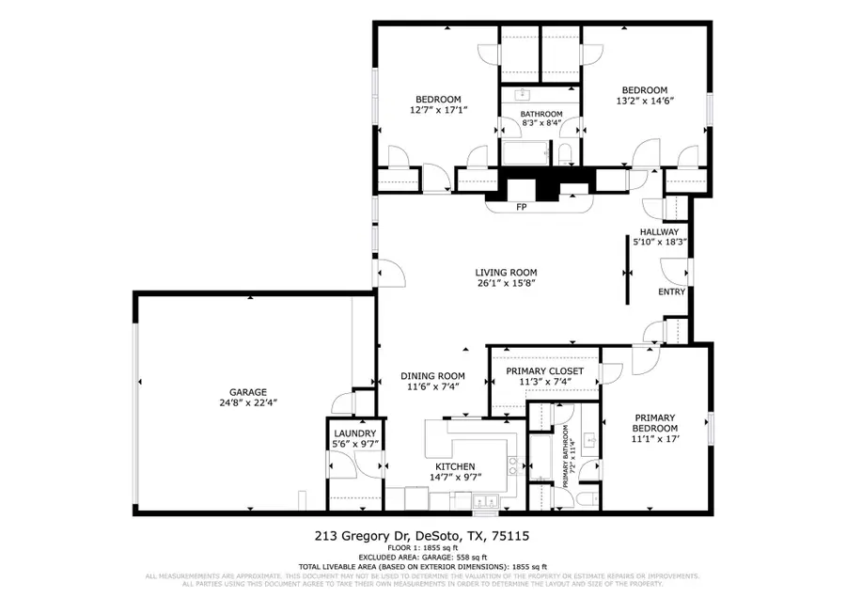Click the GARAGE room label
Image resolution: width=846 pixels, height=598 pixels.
click(x=249, y=392)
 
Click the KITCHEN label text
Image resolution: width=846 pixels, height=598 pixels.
click(x=454, y=466)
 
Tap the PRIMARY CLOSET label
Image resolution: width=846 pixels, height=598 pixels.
click(x=544, y=371)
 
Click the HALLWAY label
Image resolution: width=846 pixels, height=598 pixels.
click(x=659, y=231)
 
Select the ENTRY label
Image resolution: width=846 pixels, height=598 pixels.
click(x=671, y=291)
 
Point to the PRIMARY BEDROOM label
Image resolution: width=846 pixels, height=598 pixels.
click(x=655, y=423)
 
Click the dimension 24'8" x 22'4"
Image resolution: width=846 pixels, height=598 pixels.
click(x=249, y=403)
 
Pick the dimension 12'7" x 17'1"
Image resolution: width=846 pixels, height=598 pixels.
click(x=438, y=110)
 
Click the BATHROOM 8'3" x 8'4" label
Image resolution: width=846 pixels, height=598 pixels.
click(x=541, y=118)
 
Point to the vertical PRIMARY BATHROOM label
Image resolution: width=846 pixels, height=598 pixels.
click(x=568, y=453)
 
